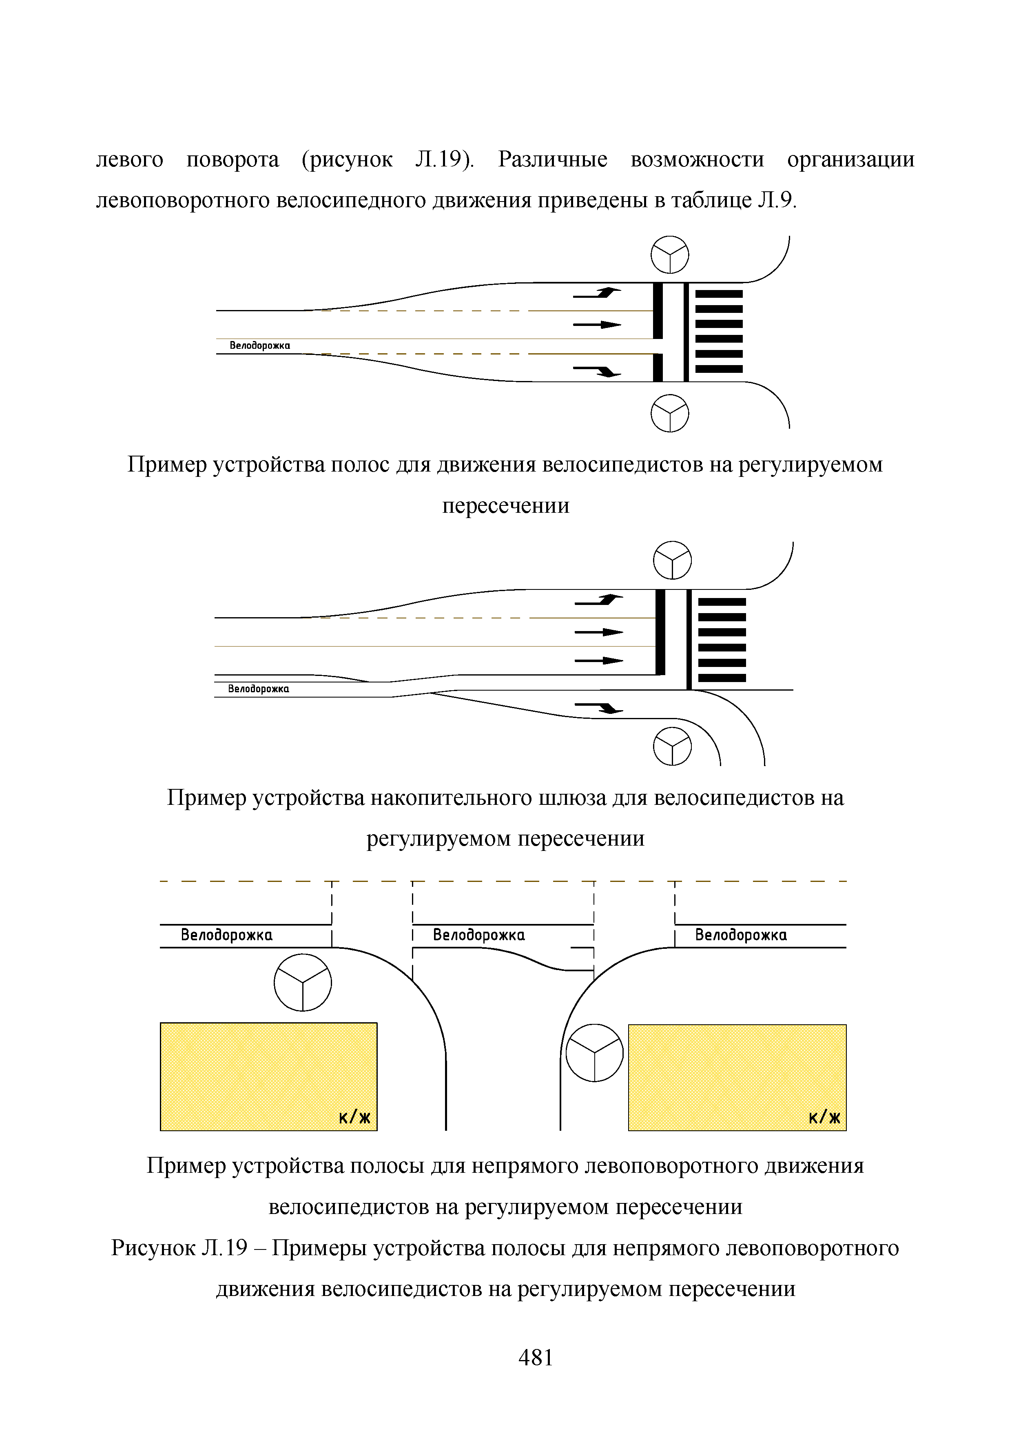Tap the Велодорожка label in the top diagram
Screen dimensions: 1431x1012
pos(260,345)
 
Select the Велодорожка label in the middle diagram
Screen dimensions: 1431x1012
pos(258,689)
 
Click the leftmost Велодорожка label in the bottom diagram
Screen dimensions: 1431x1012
pos(226,935)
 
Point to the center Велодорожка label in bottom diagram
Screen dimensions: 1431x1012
pos(478,935)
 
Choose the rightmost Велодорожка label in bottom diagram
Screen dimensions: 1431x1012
pos(740,935)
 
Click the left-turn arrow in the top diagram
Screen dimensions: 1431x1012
pos(597,293)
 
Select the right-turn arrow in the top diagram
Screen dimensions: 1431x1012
pos(597,372)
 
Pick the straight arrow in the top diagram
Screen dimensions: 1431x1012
pos(597,325)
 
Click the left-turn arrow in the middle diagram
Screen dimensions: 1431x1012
pos(599,600)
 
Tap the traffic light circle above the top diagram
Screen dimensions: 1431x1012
pos(669,254)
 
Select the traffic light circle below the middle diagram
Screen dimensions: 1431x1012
pos(672,746)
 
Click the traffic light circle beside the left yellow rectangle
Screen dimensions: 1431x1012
pos(303,982)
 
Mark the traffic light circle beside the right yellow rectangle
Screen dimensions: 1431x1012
pos(594,1053)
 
